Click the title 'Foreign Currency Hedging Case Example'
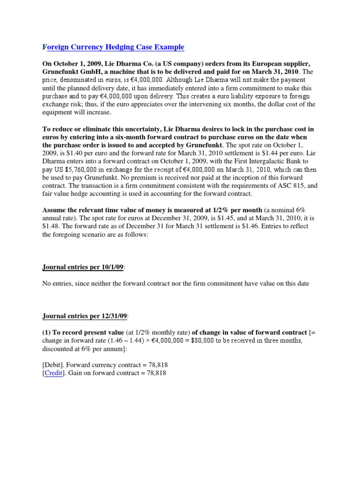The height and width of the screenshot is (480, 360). coord(113,47)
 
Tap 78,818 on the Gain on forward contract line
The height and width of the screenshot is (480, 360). coord(155,373)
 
